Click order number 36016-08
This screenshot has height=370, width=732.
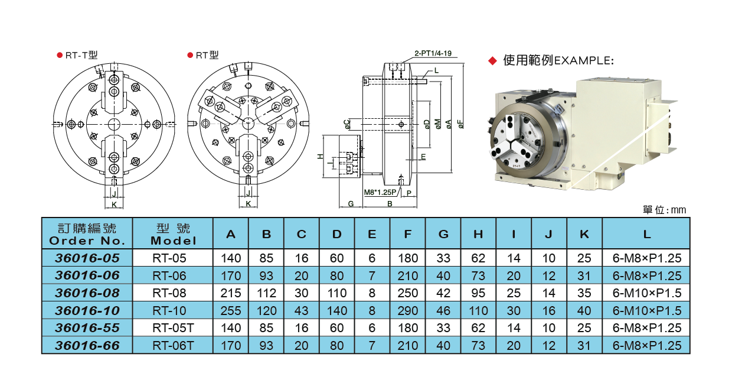[87, 293]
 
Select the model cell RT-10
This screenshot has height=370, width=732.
[169, 311]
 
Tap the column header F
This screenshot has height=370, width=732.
[407, 234]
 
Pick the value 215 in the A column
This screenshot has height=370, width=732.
[231, 293]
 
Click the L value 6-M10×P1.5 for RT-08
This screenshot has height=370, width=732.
[647, 293]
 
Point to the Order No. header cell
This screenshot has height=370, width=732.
[87, 234]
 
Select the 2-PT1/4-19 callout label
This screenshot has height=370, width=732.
[433, 53]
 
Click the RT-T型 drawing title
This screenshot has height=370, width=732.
[81, 55]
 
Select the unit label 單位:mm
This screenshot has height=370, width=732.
[664, 210]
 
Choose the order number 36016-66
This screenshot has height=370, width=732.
[87, 346]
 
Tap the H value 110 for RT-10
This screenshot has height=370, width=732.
[478, 311]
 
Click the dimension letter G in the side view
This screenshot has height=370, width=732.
[351, 203]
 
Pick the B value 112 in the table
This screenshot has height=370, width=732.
[266, 293]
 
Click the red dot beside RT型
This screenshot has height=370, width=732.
[190, 55]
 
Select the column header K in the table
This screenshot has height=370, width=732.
[584, 234]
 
